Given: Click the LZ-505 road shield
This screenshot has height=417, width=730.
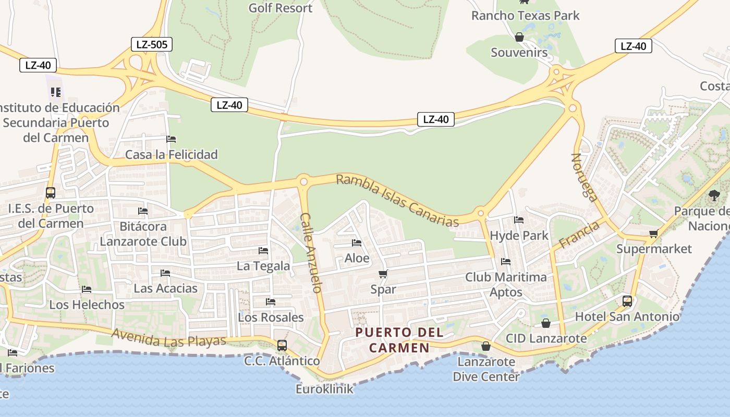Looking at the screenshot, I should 151,44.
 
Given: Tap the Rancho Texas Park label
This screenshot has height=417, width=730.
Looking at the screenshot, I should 525,16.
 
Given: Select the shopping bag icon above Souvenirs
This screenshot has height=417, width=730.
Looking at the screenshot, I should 519,37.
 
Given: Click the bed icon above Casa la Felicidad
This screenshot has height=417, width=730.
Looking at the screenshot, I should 171,139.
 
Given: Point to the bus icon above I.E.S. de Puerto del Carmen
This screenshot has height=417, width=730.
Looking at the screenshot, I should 50,193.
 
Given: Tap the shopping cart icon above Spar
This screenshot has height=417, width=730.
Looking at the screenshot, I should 383,274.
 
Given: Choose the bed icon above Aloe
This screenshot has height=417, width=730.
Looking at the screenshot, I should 357,243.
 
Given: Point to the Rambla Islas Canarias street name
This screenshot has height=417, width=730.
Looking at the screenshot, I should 397,200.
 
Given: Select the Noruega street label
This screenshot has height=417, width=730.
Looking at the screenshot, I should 585,177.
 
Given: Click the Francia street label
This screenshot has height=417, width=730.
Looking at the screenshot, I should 579,235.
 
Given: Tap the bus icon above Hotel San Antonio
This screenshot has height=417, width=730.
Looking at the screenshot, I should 627,301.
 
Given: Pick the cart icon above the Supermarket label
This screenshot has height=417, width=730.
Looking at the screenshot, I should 654,234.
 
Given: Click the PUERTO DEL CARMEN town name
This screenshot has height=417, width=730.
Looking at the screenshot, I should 399,340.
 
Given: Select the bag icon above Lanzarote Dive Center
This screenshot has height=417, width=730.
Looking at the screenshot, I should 486,346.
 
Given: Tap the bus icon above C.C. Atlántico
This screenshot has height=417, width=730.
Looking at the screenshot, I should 282,345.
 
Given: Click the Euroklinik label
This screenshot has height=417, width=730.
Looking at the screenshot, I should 324,389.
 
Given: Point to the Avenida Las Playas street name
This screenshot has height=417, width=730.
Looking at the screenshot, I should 169,338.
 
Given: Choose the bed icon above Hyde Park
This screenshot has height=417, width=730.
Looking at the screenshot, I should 519,220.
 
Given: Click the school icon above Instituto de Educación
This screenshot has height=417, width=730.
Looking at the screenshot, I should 56,93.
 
